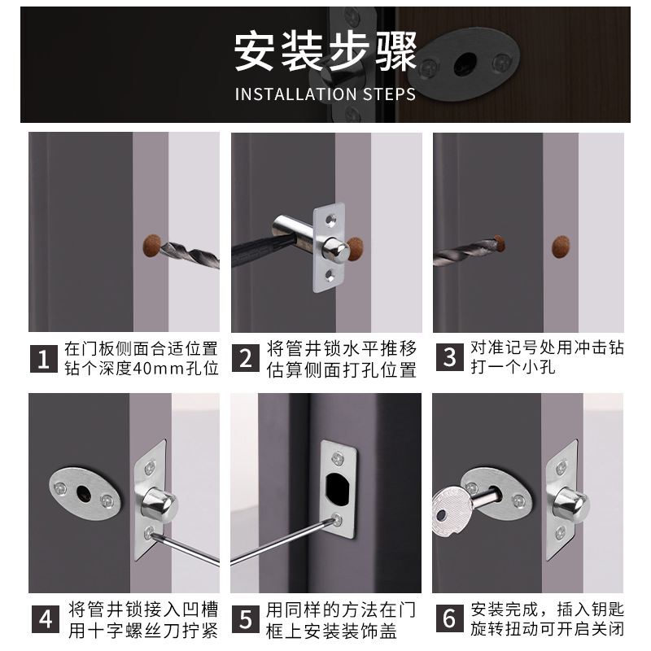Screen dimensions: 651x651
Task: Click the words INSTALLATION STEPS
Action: point(325,94)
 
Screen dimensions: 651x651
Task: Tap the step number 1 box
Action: point(44,358)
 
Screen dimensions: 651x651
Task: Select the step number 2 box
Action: point(246,358)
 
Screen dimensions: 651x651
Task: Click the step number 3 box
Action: point(448,358)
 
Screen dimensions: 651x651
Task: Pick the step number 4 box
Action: point(44,618)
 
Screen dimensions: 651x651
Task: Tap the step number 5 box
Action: point(246,618)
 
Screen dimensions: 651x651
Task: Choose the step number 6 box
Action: point(448,618)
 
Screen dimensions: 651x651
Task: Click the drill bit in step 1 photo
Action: point(191,252)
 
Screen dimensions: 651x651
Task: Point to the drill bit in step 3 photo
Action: point(468,247)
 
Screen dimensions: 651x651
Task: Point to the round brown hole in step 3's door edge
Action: point(561,247)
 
